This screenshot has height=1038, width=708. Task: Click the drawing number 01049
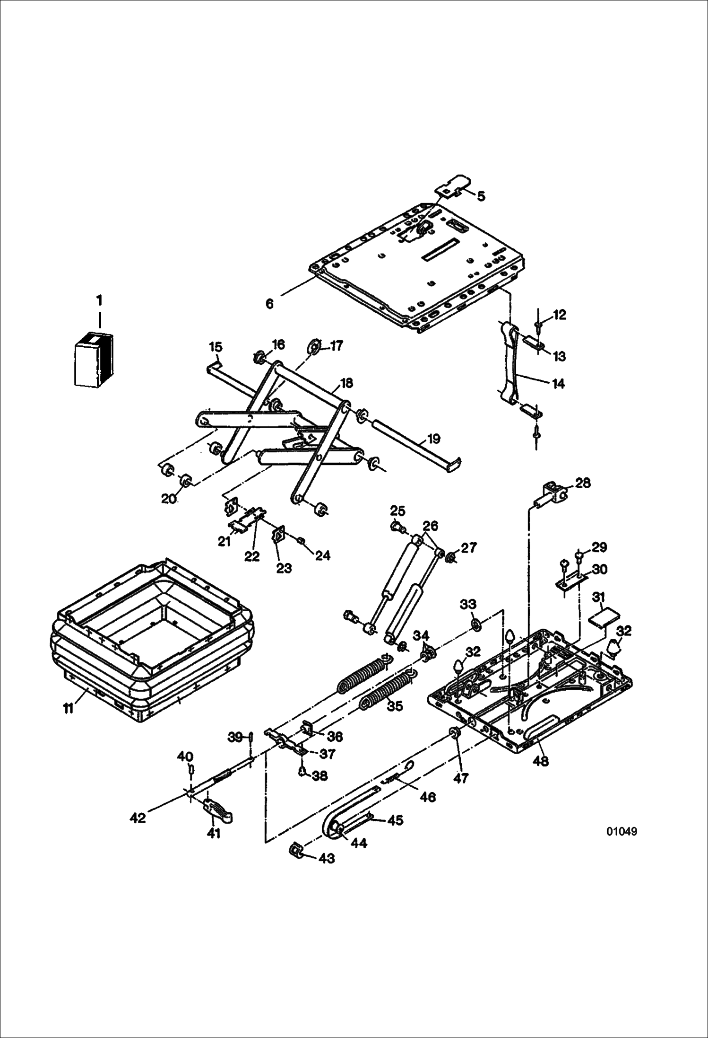621,831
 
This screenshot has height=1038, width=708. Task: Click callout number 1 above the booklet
99,300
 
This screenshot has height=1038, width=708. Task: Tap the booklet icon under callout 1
94,360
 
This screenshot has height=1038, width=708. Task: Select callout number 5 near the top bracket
481,196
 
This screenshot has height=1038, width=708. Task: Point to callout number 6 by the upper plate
269,304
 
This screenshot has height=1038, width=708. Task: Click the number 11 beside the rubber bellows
69,708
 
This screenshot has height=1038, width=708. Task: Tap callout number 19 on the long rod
433,439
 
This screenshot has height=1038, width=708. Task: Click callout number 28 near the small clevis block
583,483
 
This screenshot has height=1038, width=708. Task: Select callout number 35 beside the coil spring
395,705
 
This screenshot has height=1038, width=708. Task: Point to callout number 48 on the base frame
541,761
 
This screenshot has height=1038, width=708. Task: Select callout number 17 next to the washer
336,346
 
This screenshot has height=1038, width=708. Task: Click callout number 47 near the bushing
460,777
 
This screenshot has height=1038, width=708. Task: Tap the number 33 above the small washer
468,604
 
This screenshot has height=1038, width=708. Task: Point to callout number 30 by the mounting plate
599,569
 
